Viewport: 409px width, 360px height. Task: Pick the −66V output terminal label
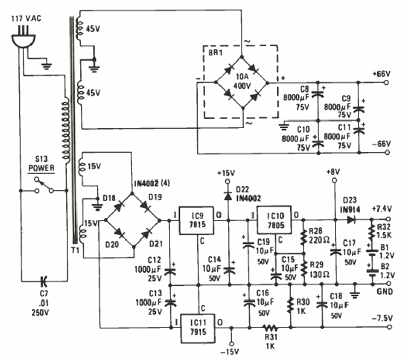point(381,144)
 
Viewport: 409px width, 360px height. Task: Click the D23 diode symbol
point(351,220)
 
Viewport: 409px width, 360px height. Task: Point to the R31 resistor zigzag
point(269,328)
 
